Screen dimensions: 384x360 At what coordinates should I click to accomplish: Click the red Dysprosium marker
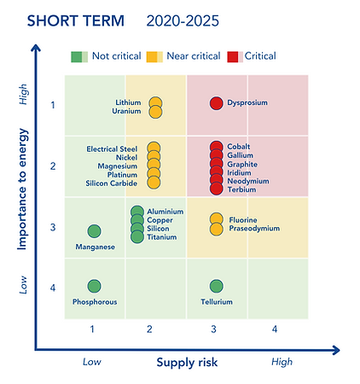[216, 103]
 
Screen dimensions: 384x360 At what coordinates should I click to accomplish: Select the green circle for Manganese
[94, 231]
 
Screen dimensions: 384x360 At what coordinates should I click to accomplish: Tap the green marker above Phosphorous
[94, 287]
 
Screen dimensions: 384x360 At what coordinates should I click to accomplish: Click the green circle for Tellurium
[216, 287]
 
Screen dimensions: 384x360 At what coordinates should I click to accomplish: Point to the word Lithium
[129, 103]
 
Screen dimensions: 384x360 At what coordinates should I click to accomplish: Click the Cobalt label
[239, 147]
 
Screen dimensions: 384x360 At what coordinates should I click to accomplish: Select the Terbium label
[241, 189]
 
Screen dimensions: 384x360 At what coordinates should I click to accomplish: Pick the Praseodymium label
[254, 229]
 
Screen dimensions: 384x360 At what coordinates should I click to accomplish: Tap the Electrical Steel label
[112, 149]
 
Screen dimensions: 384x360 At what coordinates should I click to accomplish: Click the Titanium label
[161, 236]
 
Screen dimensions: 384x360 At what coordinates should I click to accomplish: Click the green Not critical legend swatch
[78, 56]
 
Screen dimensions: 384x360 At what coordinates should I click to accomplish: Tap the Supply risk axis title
[187, 362]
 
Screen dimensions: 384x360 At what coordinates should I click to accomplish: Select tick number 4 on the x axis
[275, 329]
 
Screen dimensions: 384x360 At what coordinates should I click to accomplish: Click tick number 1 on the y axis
[52, 105]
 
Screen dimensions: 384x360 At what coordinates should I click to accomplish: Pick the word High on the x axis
[282, 362]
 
